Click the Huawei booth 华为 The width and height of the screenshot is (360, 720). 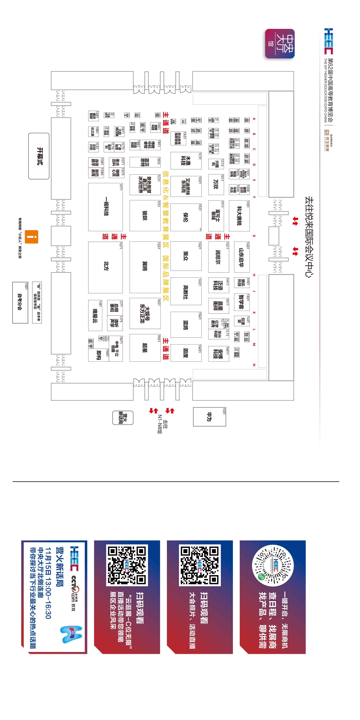click(209, 417)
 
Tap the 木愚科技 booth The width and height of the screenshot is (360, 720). click(186, 161)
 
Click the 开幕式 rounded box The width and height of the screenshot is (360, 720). click(39, 156)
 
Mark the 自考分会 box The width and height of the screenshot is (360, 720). click(20, 303)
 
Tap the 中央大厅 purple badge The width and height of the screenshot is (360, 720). click(280, 44)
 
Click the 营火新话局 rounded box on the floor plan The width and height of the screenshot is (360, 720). click(123, 418)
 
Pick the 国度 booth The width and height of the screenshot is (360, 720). click(186, 353)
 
